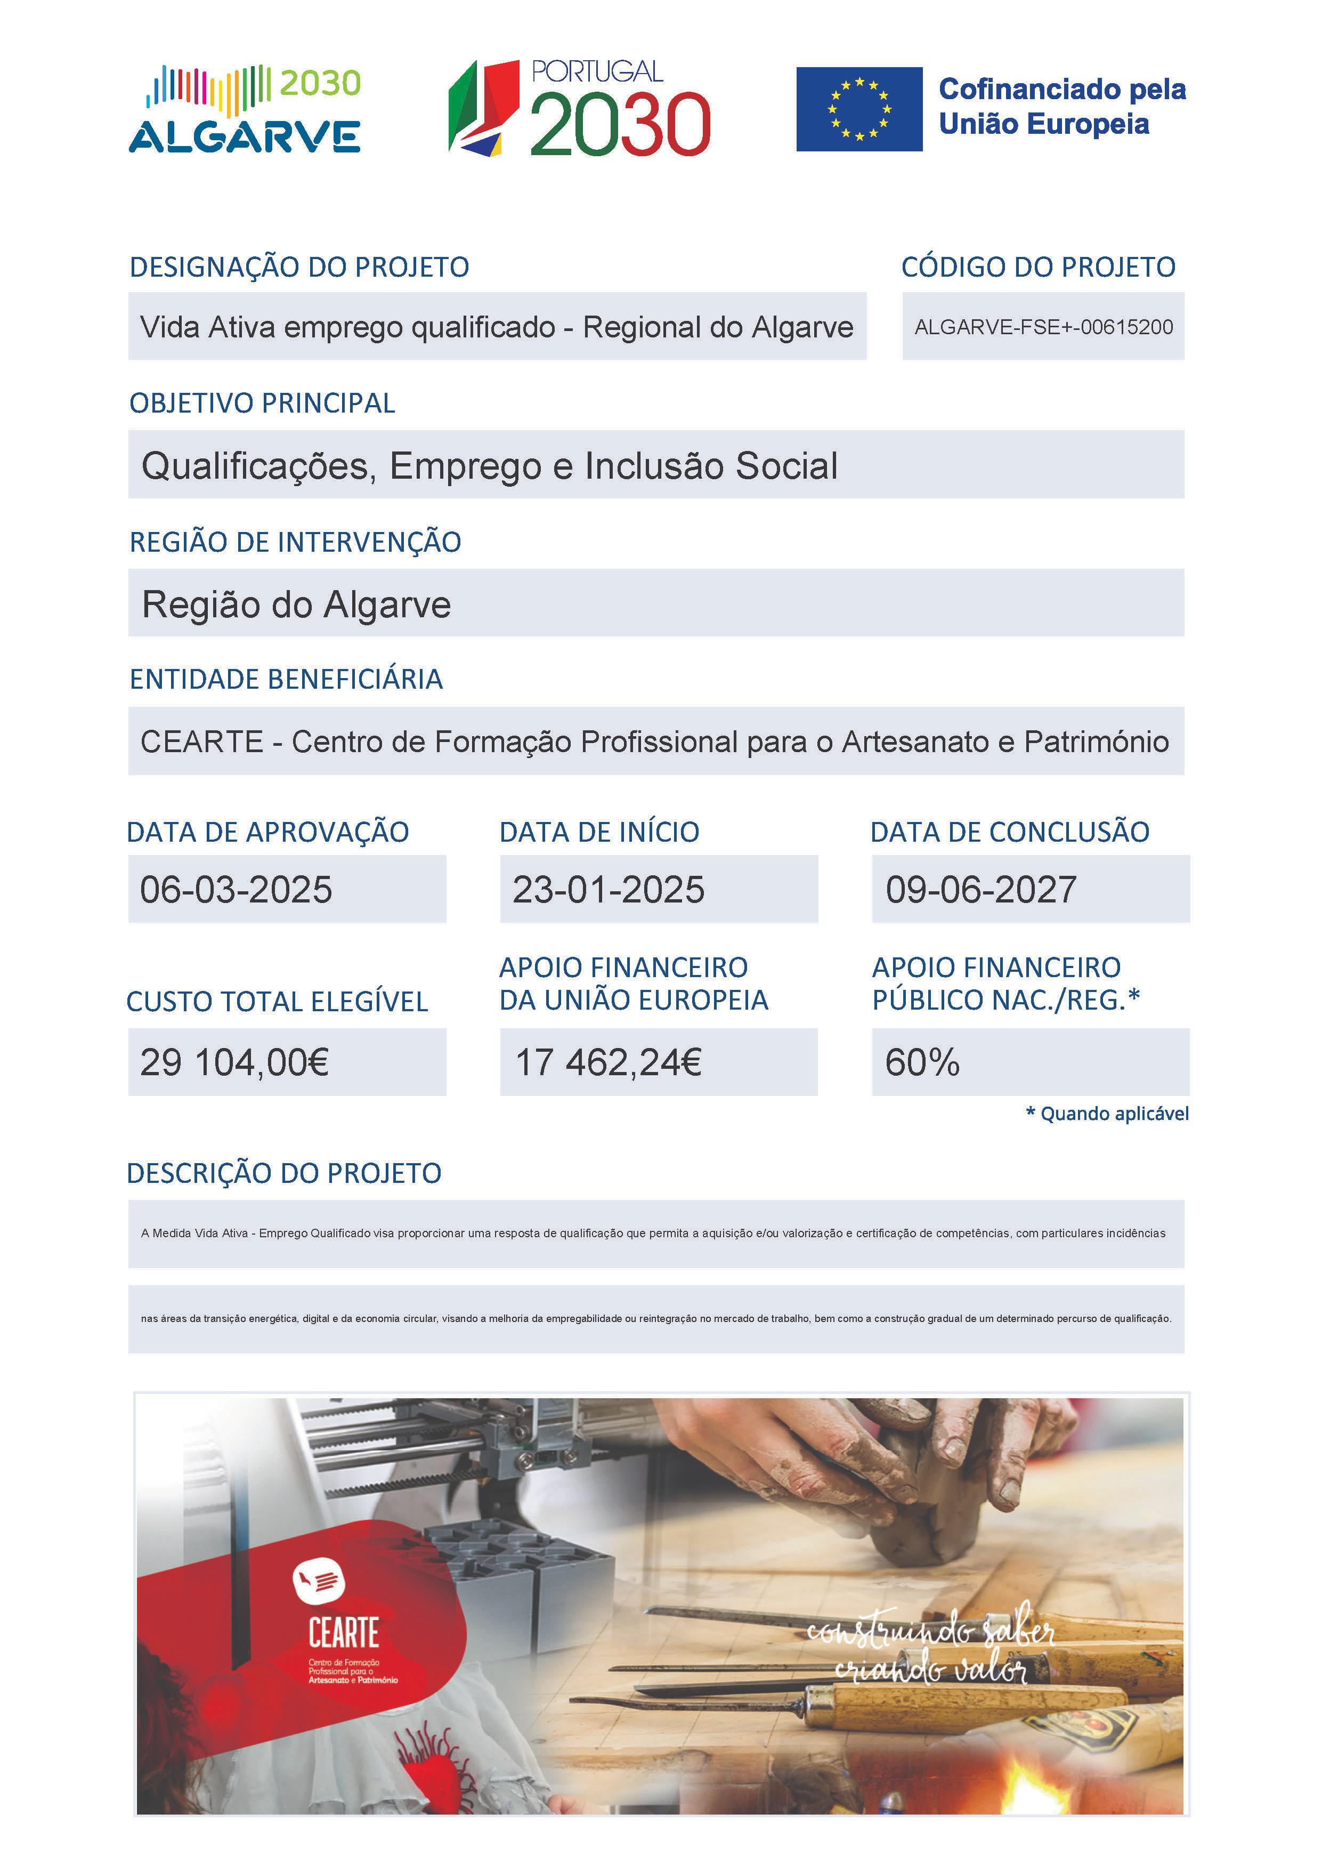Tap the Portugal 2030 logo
tap(580, 108)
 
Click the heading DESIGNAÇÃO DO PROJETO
tap(299, 267)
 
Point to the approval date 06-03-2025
tap(236, 889)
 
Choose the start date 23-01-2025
tap(608, 889)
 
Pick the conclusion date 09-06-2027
tap(981, 889)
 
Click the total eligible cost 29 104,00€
tap(234, 1062)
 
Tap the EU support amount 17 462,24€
tap(608, 1062)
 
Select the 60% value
tap(922, 1062)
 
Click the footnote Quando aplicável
tap(1114, 1114)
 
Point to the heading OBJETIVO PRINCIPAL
tap(262, 403)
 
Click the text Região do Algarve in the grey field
tap(296, 604)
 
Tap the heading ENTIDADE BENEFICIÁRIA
tap(286, 679)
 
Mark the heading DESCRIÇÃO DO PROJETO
tap(284, 1174)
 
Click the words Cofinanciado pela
tap(1063, 90)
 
